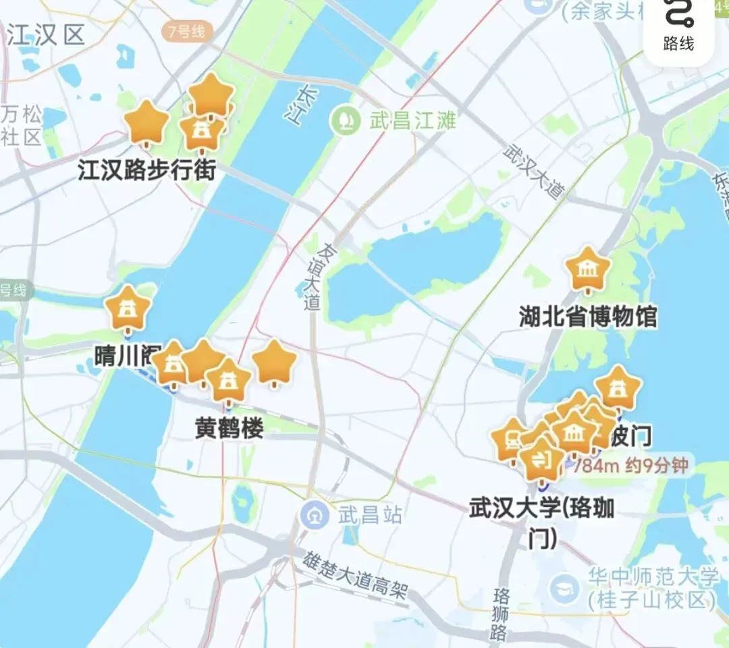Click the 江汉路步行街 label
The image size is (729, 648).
pyautogui.click(x=146, y=170)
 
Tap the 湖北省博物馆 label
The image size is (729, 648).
pyautogui.click(x=588, y=316)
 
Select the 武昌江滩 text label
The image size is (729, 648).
pyautogui.click(x=412, y=122)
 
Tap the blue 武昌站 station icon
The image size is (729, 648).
pyautogui.click(x=314, y=516)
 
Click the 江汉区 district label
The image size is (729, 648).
pyautogui.click(x=46, y=35)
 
